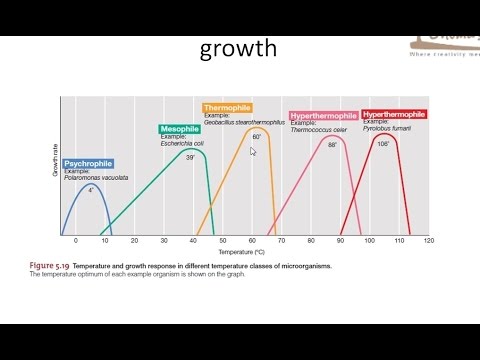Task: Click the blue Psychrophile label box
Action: click(x=88, y=164)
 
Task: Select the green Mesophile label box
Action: click(x=179, y=129)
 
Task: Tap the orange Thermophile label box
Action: click(x=227, y=107)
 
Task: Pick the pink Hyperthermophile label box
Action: click(x=324, y=116)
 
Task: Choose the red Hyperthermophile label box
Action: click(x=394, y=115)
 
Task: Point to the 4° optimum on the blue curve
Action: click(x=90, y=190)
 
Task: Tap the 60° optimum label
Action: click(x=256, y=137)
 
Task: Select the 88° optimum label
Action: click(x=332, y=146)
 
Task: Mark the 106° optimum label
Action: click(x=383, y=143)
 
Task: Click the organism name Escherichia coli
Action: click(x=183, y=144)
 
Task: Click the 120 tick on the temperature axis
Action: click(x=428, y=241)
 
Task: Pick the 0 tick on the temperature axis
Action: click(x=75, y=241)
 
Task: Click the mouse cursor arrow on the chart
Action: click(x=253, y=151)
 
